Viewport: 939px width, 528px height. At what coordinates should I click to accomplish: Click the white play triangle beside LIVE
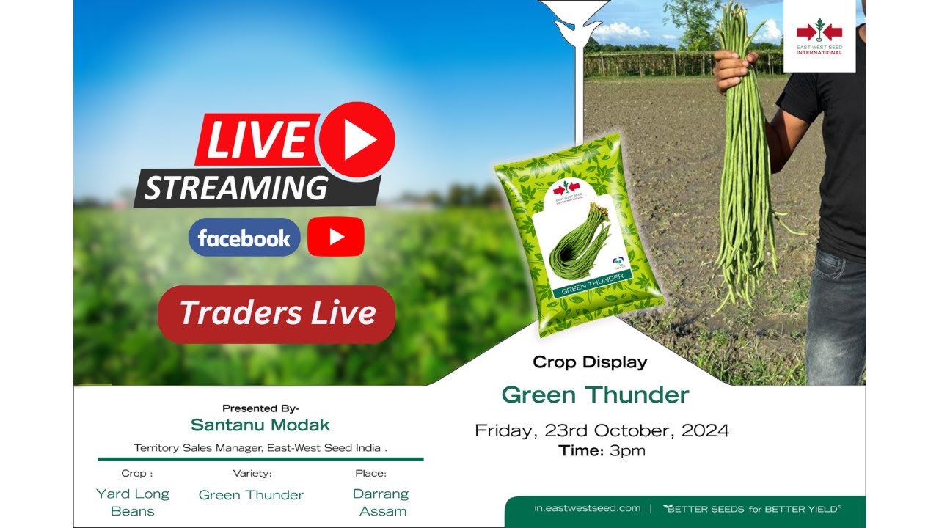pos(359,141)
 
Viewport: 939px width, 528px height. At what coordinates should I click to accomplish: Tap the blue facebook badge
pos(244,238)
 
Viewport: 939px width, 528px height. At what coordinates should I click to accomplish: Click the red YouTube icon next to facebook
pos(336,236)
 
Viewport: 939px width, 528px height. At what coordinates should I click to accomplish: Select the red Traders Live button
pos(277,314)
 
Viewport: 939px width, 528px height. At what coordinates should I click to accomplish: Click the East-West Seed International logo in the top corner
pos(819,37)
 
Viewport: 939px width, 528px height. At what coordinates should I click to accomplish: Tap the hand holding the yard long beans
pos(734,70)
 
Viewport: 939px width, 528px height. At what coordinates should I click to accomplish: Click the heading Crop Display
pos(590,362)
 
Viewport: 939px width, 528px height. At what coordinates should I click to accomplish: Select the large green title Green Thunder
pos(595,395)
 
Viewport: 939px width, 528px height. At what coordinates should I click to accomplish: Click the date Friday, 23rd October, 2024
pos(602,430)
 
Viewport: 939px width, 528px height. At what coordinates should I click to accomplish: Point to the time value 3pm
pos(627,451)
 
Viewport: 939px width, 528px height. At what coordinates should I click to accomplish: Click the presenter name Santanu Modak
pos(260,425)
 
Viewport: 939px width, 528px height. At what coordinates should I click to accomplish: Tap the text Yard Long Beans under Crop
pos(133,502)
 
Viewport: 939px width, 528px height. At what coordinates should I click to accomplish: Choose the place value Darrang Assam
pos(381,502)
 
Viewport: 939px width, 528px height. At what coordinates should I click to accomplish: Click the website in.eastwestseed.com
pos(587,508)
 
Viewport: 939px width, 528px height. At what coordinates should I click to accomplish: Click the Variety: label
pos(252,474)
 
